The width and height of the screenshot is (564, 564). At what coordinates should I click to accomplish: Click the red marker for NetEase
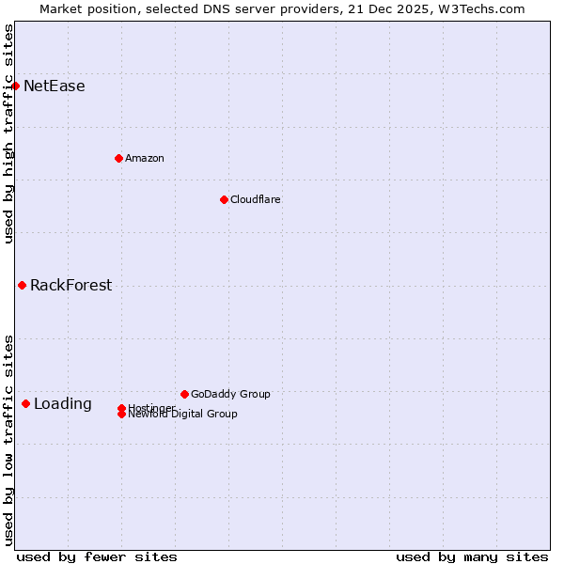15,86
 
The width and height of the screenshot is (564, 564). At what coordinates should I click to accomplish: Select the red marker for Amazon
118,158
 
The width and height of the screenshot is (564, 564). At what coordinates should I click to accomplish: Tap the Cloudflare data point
224,199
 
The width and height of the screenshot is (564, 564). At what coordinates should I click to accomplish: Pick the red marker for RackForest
22,285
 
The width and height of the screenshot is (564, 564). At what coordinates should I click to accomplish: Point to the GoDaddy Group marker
184,394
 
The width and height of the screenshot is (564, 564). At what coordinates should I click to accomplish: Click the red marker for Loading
25,403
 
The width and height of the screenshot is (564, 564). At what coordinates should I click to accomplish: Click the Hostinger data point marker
121,408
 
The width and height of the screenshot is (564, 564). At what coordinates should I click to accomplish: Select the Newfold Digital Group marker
121,415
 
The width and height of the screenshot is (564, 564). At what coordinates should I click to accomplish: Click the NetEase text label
55,86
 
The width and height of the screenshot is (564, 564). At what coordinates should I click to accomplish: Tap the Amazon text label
145,158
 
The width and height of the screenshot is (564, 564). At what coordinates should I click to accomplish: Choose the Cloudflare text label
256,199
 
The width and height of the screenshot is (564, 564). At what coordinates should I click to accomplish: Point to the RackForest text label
70,286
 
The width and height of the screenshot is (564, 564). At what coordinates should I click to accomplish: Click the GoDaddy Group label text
230,394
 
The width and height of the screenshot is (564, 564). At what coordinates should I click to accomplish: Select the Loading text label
63,404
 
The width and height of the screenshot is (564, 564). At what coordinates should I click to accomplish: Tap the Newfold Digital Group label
183,415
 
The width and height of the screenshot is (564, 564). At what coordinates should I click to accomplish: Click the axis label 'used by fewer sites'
97,556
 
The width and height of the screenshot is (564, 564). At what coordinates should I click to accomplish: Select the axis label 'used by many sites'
472,556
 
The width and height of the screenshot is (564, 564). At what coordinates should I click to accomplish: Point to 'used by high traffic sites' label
8,133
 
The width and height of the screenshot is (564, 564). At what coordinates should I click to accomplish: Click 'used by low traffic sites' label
8,439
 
